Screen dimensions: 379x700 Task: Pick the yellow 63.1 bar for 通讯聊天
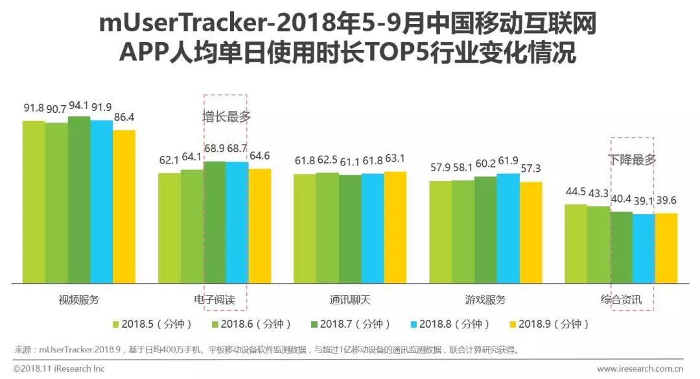395,228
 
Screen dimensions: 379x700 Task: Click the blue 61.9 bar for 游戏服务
507,228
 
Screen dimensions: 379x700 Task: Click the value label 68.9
214,149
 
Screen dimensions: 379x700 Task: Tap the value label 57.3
530,169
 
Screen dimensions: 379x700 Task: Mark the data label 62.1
169,160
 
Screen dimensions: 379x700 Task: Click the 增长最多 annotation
226,117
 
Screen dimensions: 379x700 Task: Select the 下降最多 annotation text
632,159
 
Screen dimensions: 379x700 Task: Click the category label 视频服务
79,300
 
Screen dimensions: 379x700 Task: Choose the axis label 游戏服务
485,300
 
